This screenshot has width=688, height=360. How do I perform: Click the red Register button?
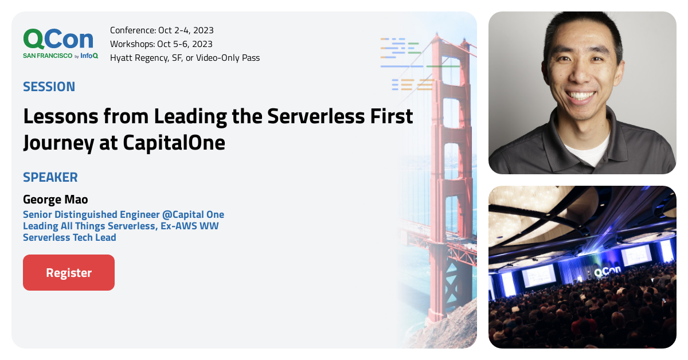pos(69,273)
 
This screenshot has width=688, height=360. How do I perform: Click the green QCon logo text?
pos(58,39)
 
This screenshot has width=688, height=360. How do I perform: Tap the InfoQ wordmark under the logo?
pos(89,56)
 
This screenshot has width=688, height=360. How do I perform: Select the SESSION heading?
pos(49,87)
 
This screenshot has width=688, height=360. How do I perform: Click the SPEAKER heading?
pos(50,177)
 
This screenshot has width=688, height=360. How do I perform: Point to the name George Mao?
pos(56,199)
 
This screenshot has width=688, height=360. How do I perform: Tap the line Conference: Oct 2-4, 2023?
pos(162,30)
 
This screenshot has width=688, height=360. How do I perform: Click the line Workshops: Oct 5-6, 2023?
pos(161,44)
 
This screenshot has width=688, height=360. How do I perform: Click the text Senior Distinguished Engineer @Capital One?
pos(123,214)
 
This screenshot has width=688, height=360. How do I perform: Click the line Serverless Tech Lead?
pos(69,237)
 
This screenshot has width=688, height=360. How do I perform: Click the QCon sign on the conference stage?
pos(606,272)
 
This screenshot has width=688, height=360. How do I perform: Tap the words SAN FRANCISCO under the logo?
pos(48,56)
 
